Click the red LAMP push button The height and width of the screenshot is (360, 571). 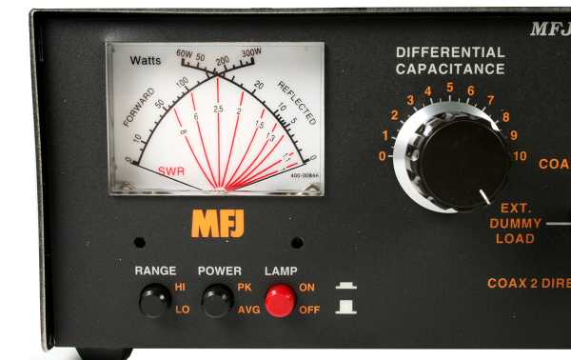pos(280,301)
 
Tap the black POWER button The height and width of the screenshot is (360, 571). pos(217,301)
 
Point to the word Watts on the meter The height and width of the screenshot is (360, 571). pos(146,60)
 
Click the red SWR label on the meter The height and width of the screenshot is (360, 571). pos(171,171)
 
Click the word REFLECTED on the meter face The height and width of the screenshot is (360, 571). pos(296,101)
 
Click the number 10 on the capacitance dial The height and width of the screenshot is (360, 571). pos(519,155)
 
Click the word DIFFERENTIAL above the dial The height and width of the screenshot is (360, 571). pos(450,52)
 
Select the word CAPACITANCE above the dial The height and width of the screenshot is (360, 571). pos(450,69)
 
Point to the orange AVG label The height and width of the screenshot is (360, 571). pos(248,310)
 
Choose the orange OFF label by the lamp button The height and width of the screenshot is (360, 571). pos(309,310)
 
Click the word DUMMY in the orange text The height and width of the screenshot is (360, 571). pos(515,223)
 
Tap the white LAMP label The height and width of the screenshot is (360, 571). pos(281,270)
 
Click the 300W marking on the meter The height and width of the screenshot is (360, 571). pos(251,52)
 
